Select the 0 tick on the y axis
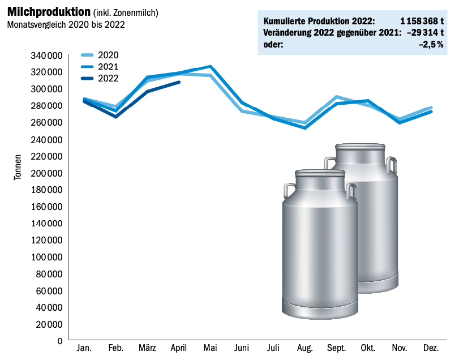pyautogui.click(x=59, y=341)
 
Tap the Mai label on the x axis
pyautogui.click(x=210, y=348)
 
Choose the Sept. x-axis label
pyautogui.click(x=336, y=348)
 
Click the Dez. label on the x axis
pyautogui.click(x=431, y=348)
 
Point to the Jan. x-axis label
pyautogui.click(x=84, y=348)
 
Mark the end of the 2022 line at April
pyautogui.click(x=179, y=82)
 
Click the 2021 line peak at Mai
pyautogui.click(x=211, y=66)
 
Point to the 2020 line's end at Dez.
pyautogui.click(x=431, y=108)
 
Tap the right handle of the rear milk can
pyautogui.click(x=391, y=165)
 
